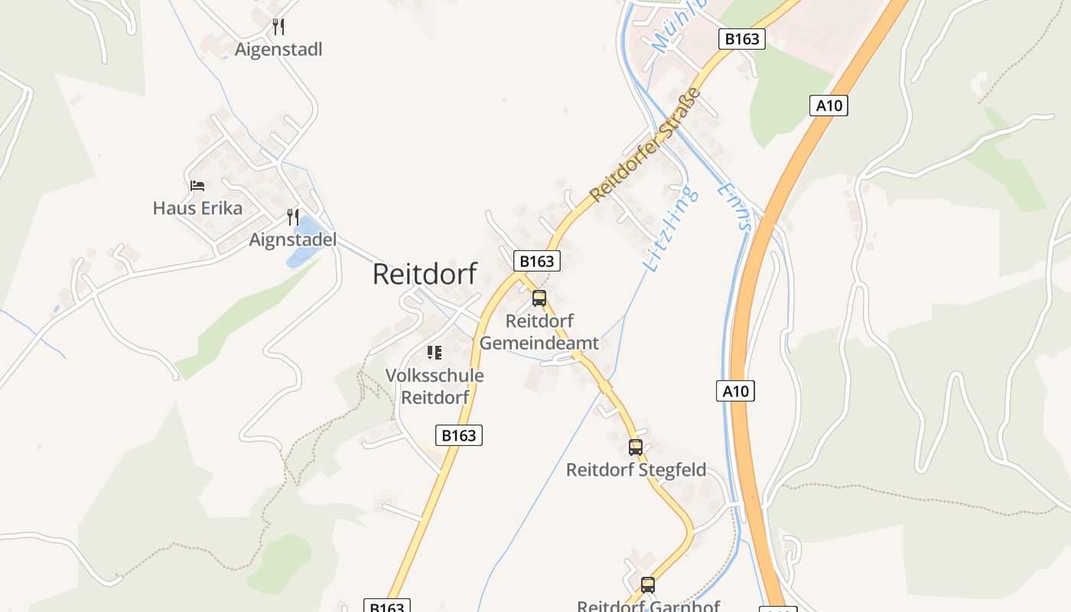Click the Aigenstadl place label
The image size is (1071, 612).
click(x=278, y=50)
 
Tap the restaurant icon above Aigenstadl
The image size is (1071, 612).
click(x=278, y=27)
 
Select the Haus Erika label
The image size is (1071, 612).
click(x=197, y=208)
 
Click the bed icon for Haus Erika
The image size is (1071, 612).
click(x=197, y=186)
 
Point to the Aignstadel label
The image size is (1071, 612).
click(x=292, y=239)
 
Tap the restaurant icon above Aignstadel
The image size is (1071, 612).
click(x=292, y=217)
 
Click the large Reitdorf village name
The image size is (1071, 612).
click(x=425, y=274)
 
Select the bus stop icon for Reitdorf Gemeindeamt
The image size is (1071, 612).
click(x=539, y=298)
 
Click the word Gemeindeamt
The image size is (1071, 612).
click(x=539, y=343)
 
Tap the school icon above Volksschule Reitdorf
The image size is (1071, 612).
click(x=435, y=353)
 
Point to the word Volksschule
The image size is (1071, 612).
click(x=435, y=376)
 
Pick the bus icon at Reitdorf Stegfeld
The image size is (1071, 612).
click(x=636, y=448)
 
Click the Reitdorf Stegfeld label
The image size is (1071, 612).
click(x=636, y=470)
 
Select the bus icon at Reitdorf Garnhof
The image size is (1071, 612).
click(x=648, y=585)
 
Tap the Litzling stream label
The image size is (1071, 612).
click(x=672, y=228)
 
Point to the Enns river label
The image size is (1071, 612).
click(x=735, y=206)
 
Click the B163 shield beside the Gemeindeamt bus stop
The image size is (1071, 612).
click(x=536, y=261)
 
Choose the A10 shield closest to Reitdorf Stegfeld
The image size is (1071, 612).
click(x=735, y=391)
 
